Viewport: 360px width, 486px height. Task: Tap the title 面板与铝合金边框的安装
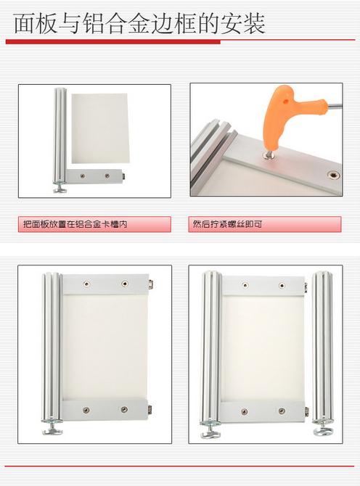[x=139, y=24]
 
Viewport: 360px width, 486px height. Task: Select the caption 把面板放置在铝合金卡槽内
[x=75, y=224]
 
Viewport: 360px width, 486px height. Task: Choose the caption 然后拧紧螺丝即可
[x=227, y=224]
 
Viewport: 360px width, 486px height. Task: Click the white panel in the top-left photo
[x=99, y=128]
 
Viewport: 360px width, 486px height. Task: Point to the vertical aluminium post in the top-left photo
[x=60, y=136]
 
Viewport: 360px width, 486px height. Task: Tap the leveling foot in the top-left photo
[x=60, y=188]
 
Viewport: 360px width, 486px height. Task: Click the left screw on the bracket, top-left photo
[x=82, y=176]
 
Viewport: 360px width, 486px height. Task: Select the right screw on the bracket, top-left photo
[x=107, y=176]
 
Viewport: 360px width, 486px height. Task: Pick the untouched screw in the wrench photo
[x=334, y=176]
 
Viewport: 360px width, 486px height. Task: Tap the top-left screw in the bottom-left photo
[x=86, y=284]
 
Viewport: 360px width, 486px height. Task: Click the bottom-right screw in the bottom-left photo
[x=124, y=409]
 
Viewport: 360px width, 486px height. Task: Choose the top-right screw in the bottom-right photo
[x=281, y=285]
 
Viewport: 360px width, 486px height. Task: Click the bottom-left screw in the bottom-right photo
[x=245, y=411]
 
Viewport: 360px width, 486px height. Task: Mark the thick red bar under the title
[x=113, y=42]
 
